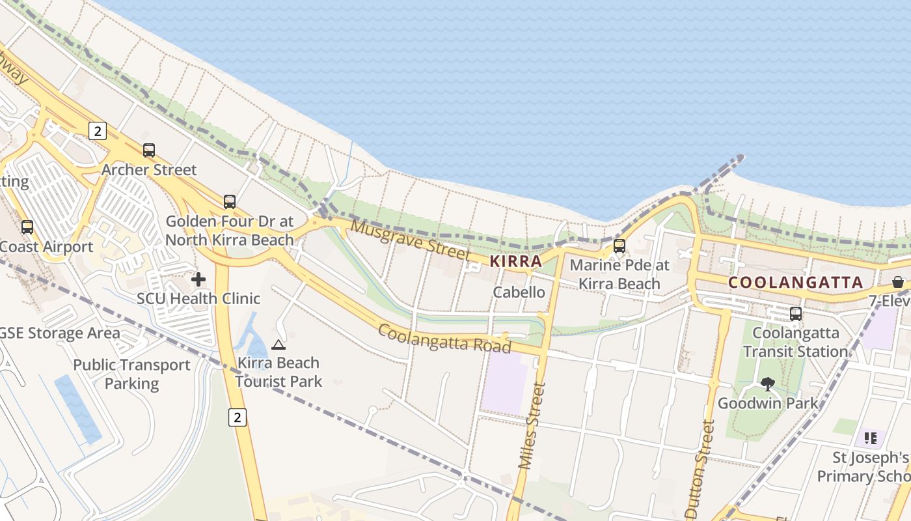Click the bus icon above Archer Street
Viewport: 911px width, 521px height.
(x=149, y=150)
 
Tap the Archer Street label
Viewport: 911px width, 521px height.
(x=149, y=170)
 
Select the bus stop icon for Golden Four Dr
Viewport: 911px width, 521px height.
(x=229, y=202)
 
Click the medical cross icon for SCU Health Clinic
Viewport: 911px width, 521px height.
(x=198, y=279)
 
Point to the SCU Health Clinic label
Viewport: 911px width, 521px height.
(x=198, y=299)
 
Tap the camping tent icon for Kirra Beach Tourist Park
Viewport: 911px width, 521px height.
(x=279, y=345)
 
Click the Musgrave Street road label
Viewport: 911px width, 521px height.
(x=410, y=239)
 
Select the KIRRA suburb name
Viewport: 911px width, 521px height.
(x=515, y=262)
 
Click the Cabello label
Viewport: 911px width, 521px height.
(x=519, y=292)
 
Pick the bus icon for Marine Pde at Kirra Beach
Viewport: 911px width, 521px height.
(x=619, y=246)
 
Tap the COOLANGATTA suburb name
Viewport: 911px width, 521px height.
(x=795, y=283)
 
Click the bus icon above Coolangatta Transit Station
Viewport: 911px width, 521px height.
(x=795, y=314)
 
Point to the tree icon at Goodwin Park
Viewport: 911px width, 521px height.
(x=768, y=384)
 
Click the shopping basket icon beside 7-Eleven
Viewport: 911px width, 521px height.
(x=898, y=282)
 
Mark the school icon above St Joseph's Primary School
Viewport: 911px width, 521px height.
(x=871, y=438)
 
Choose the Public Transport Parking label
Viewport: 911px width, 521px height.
(x=132, y=374)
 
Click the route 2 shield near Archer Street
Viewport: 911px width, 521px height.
(x=98, y=131)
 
